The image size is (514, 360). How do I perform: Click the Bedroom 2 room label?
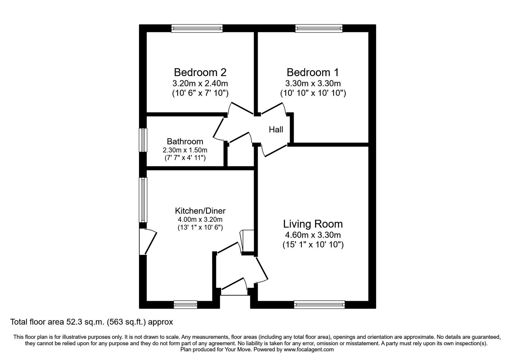pyautogui.click(x=200, y=72)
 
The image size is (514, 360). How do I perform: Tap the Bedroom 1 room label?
pyautogui.click(x=313, y=72)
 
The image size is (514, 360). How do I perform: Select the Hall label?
pyautogui.click(x=276, y=130)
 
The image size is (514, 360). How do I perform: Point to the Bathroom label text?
pyautogui.click(x=185, y=141)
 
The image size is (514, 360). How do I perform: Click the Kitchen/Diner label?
pyautogui.click(x=200, y=211)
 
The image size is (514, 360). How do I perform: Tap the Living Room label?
pyautogui.click(x=313, y=224)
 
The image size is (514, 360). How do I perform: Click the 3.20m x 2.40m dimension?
pyautogui.click(x=200, y=84)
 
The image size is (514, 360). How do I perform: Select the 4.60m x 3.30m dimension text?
pyautogui.click(x=313, y=235)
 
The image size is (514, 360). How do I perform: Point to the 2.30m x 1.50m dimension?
pyautogui.click(x=185, y=150)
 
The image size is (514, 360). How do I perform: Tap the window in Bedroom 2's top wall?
pyautogui.click(x=197, y=29)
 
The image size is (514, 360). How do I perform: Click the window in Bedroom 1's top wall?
pyautogui.click(x=319, y=29)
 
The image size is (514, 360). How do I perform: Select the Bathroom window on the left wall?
pyautogui.click(x=143, y=140)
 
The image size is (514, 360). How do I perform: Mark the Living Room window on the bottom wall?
pyautogui.click(x=319, y=304)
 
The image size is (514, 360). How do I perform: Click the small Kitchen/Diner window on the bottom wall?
pyautogui.click(x=185, y=304)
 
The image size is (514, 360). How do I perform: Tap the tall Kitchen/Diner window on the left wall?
pyautogui.click(x=143, y=200)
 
